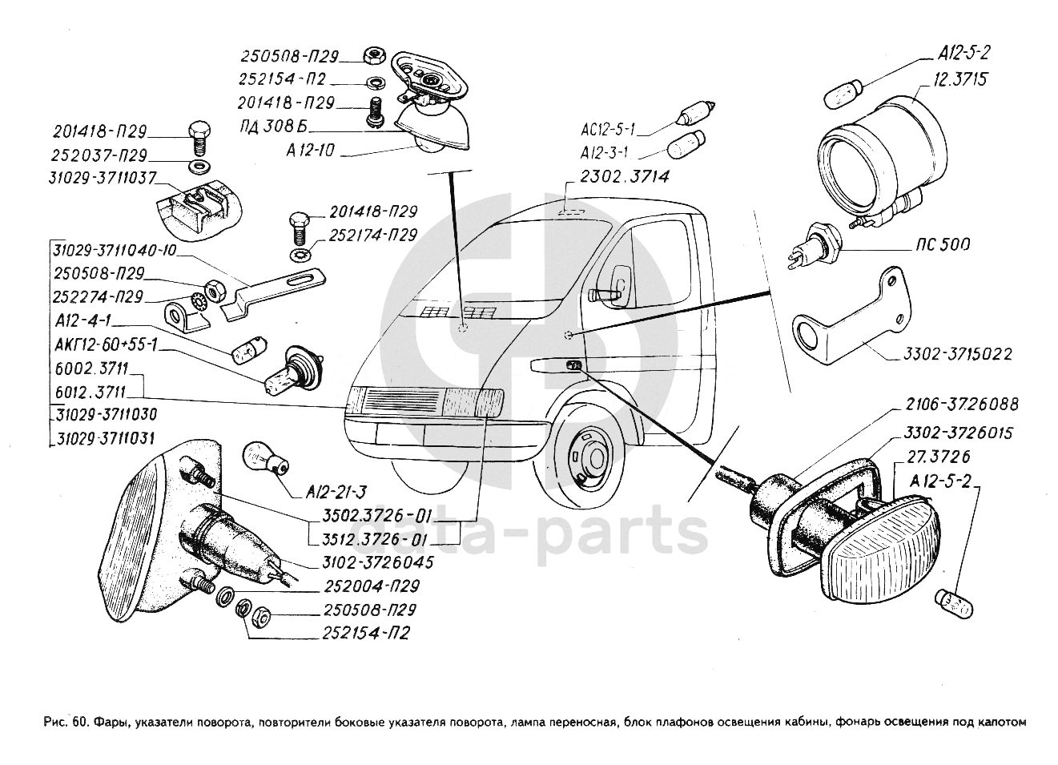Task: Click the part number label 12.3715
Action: pyautogui.click(x=959, y=79)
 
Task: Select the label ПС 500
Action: pyautogui.click(x=939, y=245)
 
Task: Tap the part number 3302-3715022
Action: pyautogui.click(x=958, y=355)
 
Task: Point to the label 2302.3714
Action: pyautogui.click(x=625, y=176)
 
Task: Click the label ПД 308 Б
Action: pyautogui.click(x=269, y=127)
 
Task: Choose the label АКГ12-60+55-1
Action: pyautogui.click(x=106, y=345)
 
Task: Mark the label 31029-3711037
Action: pyautogui.click(x=102, y=178)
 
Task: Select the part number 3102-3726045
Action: pyautogui.click(x=377, y=563)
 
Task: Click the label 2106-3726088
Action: pyautogui.click(x=962, y=405)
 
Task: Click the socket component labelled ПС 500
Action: pyautogui.click(x=815, y=246)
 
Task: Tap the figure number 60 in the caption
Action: pyautogui.click(x=79, y=735)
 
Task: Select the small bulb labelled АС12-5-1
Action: pyautogui.click(x=697, y=114)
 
